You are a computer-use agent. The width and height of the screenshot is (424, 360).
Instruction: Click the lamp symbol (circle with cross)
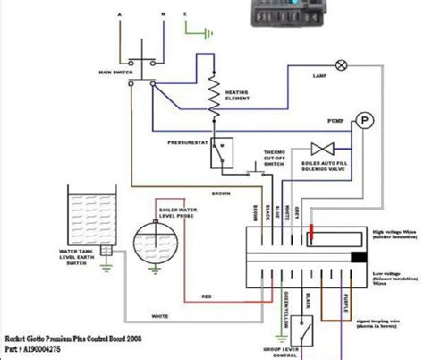[x=340, y=64]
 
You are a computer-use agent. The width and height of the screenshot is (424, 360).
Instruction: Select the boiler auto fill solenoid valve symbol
[x=317, y=148]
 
